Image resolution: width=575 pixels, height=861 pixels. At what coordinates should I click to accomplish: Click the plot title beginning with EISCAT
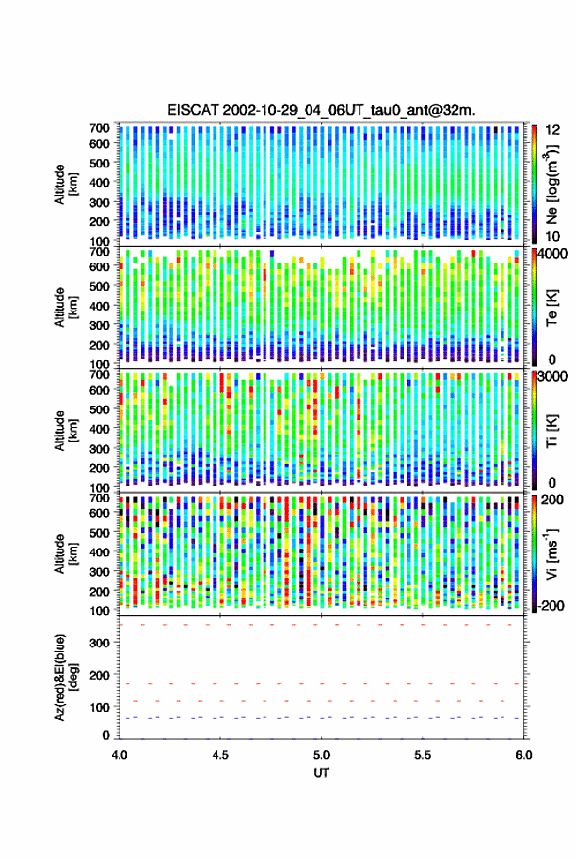(x=321, y=110)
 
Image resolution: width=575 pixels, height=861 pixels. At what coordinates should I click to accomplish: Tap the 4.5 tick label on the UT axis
(x=220, y=755)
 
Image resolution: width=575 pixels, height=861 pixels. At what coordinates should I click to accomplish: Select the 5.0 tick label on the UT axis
(x=321, y=755)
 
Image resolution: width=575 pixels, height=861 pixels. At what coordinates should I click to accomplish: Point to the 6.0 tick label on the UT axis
(x=523, y=755)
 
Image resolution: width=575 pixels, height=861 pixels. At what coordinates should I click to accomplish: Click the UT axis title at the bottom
(x=321, y=773)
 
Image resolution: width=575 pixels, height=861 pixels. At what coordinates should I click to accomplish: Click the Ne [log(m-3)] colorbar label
(x=551, y=184)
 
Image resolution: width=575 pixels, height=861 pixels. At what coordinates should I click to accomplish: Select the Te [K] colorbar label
(x=551, y=308)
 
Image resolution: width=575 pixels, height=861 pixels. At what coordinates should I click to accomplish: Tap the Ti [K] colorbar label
(x=551, y=431)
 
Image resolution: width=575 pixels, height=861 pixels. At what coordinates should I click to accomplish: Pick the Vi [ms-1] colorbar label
(x=551, y=553)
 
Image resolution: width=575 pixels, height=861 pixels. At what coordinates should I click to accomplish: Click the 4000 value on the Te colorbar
(x=553, y=255)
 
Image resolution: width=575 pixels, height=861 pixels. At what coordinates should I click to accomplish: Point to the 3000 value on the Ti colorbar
(x=553, y=377)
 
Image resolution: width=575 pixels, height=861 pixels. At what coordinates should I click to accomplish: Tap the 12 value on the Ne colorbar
(x=553, y=129)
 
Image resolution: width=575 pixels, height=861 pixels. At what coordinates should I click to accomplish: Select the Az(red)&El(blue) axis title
(x=66, y=677)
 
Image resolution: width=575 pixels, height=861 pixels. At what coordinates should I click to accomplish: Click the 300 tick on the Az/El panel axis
(x=99, y=643)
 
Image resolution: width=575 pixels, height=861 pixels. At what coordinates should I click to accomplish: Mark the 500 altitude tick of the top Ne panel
(x=99, y=163)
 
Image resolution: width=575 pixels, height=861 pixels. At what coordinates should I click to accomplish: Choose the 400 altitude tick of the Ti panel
(x=99, y=429)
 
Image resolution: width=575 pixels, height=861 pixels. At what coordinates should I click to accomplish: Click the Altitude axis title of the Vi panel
(x=66, y=553)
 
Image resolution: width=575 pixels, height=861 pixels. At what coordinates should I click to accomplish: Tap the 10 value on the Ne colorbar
(x=553, y=237)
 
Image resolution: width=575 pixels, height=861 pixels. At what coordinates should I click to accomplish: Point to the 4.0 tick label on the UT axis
(x=120, y=755)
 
